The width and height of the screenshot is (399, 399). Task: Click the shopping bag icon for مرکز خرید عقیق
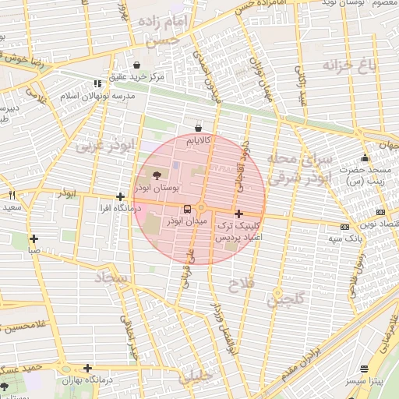[138, 65]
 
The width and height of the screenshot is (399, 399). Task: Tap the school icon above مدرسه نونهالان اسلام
[97, 83]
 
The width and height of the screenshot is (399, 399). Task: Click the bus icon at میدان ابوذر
[186, 209]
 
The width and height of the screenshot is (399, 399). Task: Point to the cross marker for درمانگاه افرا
[119, 197]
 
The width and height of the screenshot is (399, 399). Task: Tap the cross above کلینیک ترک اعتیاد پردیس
[238, 214]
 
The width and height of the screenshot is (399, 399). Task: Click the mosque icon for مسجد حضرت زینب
[365, 158]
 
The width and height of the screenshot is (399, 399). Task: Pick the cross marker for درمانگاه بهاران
[87, 368]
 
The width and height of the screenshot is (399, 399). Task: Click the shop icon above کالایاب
[199, 128]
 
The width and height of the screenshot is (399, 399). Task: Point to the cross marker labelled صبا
[34, 239]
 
